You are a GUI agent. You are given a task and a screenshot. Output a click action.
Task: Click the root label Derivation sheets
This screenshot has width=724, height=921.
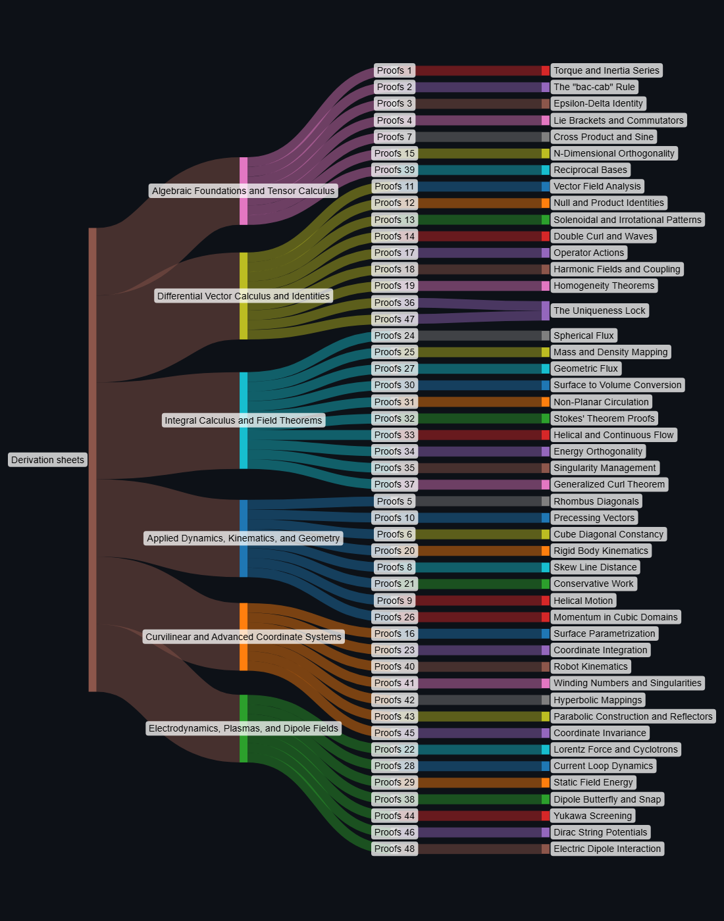coord(47,460)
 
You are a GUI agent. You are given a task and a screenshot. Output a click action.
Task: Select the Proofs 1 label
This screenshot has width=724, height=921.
coord(394,70)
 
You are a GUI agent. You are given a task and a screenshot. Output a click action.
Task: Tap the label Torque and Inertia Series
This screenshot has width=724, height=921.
coord(606,70)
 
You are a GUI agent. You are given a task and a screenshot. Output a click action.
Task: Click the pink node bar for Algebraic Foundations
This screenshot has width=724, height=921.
coord(244,191)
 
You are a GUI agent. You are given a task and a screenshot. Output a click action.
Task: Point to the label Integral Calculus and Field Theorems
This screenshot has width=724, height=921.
coord(244,420)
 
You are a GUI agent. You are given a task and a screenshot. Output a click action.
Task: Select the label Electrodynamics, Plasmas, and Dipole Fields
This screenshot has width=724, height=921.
coord(244,728)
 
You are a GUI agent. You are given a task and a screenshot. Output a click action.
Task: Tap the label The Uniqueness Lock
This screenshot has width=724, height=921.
coord(599,311)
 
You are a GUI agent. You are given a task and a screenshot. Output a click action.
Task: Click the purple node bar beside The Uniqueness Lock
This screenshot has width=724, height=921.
coord(546,311)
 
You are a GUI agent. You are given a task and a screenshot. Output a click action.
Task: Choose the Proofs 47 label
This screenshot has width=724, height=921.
coord(394,319)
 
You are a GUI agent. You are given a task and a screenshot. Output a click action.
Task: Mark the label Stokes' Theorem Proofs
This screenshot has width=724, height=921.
coord(604,418)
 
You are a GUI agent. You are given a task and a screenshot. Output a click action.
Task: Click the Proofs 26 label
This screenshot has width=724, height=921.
coord(394,617)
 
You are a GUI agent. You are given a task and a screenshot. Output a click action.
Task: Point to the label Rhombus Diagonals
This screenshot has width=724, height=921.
coord(596,501)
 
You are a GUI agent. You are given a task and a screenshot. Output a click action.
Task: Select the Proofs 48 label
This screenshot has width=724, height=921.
coord(394,849)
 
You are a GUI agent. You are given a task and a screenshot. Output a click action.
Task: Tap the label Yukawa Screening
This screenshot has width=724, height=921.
coord(592,816)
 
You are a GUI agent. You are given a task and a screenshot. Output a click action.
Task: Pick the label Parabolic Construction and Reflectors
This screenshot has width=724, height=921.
coord(633,716)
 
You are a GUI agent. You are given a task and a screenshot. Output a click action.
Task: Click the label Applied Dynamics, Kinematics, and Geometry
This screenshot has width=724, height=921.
coord(244,538)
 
